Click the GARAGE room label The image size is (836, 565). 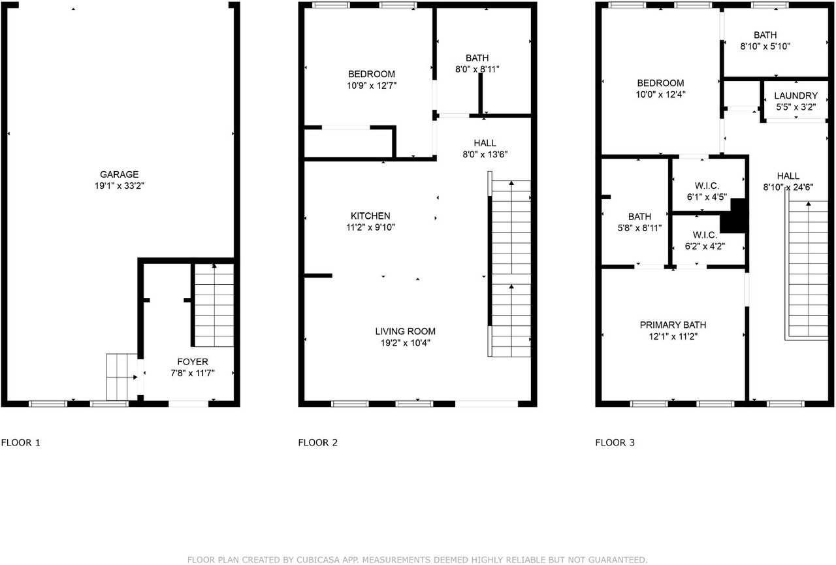tap(119, 174)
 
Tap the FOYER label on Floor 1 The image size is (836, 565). tap(193, 361)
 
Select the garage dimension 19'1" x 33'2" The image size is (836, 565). tap(119, 186)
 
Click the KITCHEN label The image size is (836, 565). tap(370, 216)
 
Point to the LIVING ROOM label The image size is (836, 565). tap(405, 331)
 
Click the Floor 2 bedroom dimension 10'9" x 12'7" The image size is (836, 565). tap(371, 85)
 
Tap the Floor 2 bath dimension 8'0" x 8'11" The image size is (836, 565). tap(477, 69)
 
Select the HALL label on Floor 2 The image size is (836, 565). tap(485, 143)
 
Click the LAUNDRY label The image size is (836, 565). tap(796, 95)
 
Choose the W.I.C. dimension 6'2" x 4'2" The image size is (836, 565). tap(705, 246)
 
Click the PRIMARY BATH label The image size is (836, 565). tap(673, 325)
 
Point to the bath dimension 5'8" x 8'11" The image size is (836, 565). tap(639, 228)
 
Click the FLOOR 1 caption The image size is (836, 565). tap(21, 443)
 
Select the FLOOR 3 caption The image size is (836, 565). tap(615, 443)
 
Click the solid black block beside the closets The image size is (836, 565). tap(738, 216)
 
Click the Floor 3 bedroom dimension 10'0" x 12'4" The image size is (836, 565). tap(661, 94)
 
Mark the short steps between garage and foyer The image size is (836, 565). tap(122, 377)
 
